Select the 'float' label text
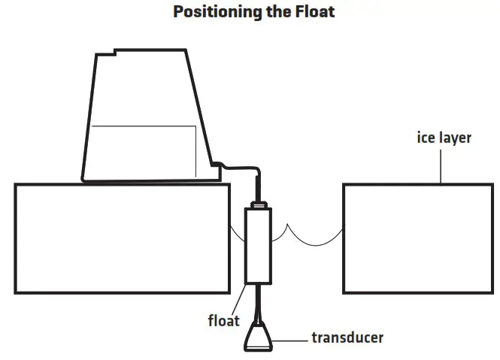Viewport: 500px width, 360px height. [x=224, y=320]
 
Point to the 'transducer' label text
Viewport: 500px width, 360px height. [x=347, y=337]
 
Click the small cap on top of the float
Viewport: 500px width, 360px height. [x=259, y=204]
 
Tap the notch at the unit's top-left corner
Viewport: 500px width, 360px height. [x=114, y=54]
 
